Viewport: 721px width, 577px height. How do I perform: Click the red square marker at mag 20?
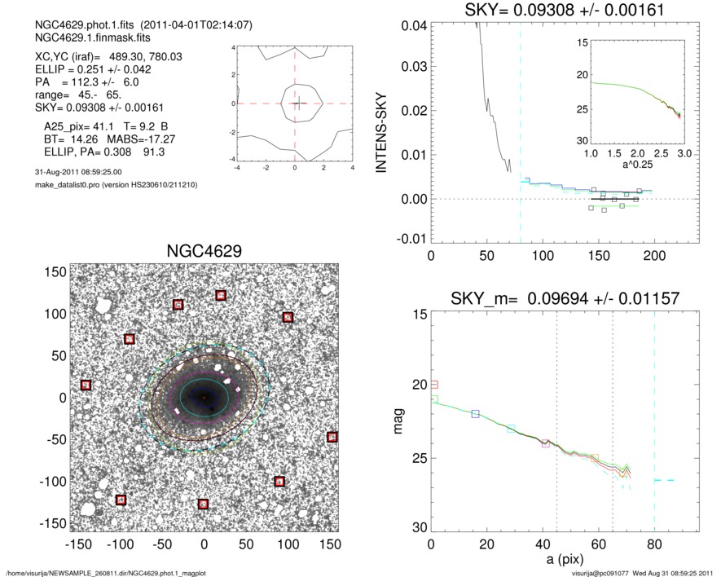coord(433,385)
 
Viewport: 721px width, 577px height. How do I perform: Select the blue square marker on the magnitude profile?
coord(476,414)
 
